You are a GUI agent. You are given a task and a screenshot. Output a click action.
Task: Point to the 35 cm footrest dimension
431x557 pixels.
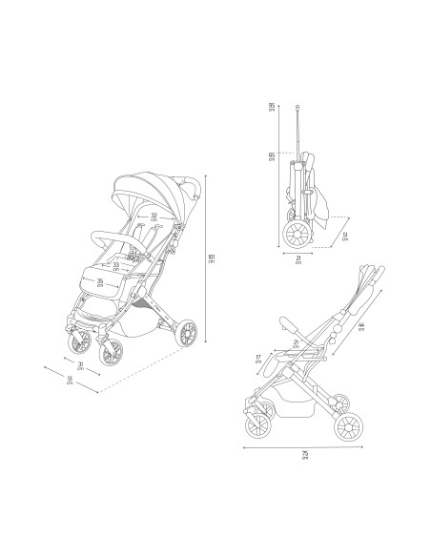[x=100, y=282]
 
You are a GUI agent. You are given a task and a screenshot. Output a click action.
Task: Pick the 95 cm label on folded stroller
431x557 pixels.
[x=273, y=107]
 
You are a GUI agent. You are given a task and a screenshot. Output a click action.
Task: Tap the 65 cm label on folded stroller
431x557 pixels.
[x=273, y=158]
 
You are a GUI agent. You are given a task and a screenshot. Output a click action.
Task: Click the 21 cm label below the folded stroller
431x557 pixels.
[x=298, y=258]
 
